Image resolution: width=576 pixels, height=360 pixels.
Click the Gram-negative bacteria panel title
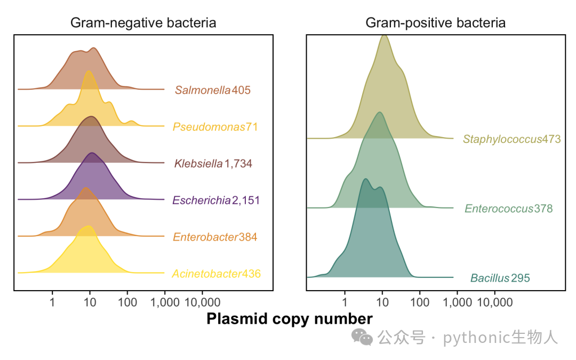[143, 23]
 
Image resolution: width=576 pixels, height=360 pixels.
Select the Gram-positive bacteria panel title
[435, 23]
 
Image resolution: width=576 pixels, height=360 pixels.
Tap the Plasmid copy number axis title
[290, 319]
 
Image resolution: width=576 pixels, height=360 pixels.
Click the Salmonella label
[203, 90]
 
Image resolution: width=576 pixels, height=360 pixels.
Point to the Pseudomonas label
[209, 127]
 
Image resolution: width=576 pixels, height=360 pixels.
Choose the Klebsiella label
[198, 164]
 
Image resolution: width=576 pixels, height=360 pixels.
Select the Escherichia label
[202, 200]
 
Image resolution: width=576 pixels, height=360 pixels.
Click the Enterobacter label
[206, 237]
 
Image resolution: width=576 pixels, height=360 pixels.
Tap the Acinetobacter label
[207, 274]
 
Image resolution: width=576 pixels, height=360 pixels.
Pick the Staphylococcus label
[502, 139]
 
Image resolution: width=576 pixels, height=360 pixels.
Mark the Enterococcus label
[499, 209]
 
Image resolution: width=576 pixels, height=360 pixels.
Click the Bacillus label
[490, 278]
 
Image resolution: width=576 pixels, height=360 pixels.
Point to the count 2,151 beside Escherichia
[246, 200]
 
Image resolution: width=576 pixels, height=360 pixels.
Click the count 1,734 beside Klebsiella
[238, 164]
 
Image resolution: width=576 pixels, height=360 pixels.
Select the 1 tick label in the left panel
[52, 302]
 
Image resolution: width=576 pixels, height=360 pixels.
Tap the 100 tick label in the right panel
[420, 302]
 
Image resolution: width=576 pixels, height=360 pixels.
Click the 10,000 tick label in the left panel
[202, 302]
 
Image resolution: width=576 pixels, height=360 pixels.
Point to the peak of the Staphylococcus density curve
[384, 35]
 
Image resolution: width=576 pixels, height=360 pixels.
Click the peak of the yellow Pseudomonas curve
[88, 71]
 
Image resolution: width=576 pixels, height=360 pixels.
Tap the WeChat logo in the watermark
[362, 337]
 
